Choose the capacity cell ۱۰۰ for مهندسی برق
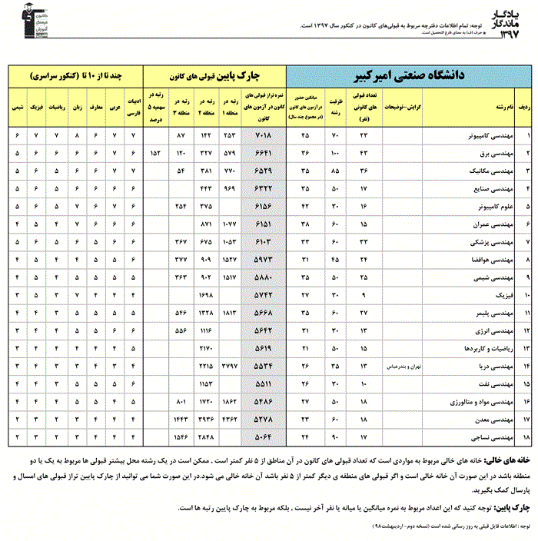tap(335, 152)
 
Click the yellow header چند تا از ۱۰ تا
tap(76, 77)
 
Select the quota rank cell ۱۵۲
tap(154, 152)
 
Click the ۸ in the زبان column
tap(76, 135)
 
